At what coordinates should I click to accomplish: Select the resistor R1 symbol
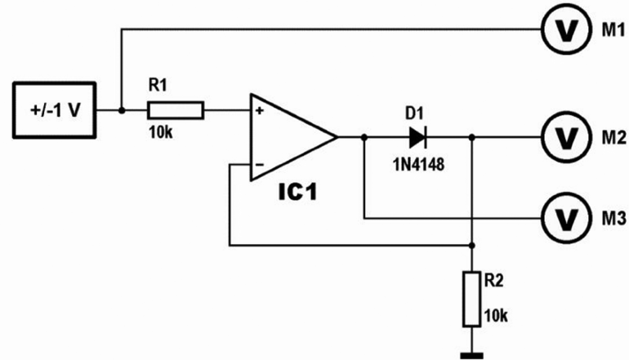pos(175,109)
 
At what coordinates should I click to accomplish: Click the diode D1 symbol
pos(418,136)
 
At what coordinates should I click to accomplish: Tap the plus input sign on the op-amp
pos(260,109)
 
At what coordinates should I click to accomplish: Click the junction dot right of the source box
pos(121,109)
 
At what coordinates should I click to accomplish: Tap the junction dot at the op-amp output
pos(364,136)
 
